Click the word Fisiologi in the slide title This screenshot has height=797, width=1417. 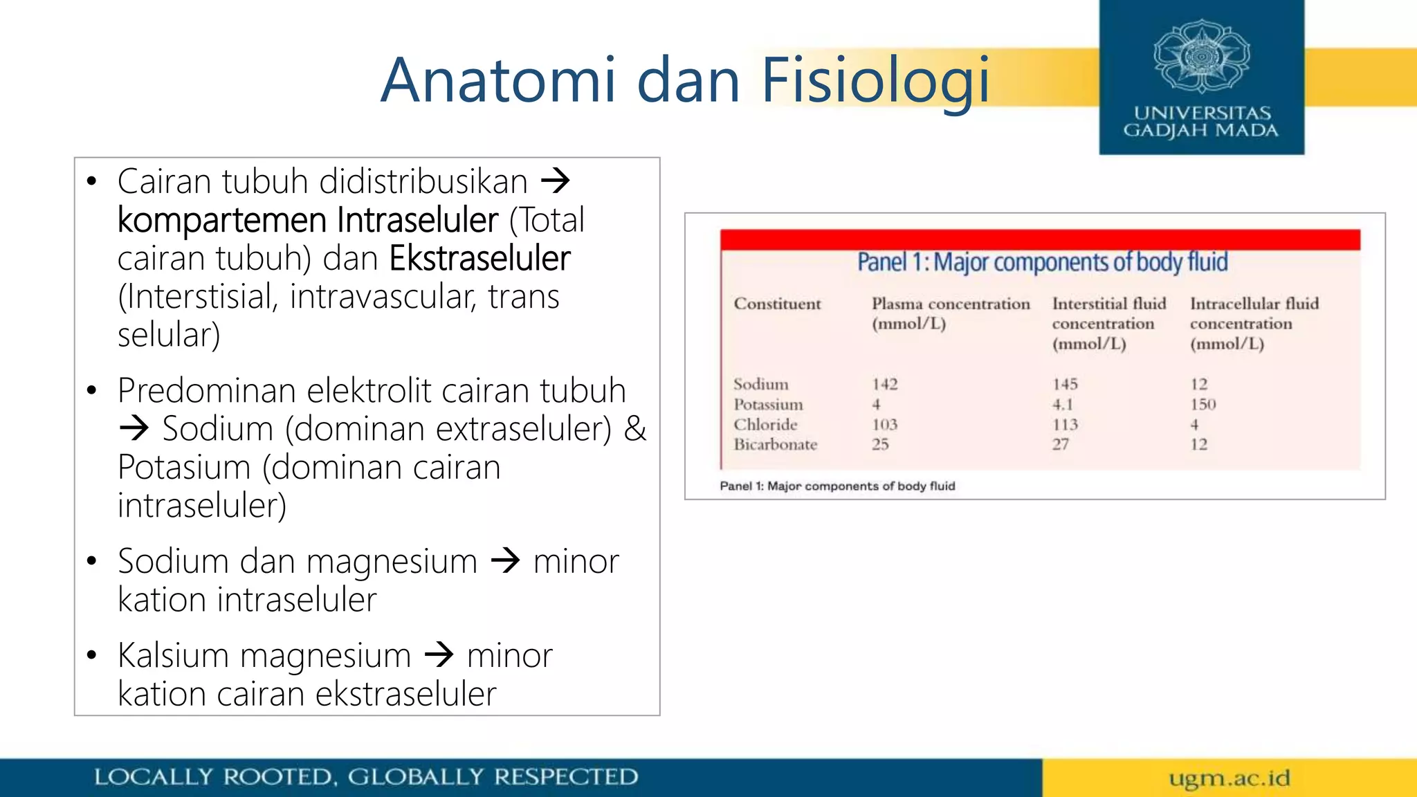point(875,82)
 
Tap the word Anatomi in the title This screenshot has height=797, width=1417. point(498,80)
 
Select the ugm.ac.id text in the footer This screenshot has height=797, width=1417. point(1229,778)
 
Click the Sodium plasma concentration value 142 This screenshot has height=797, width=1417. point(884,384)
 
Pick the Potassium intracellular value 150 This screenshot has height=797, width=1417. point(1203,404)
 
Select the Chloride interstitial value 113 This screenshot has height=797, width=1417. point(1065,424)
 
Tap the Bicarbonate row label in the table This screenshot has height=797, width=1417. point(775,444)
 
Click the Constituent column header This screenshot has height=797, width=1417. point(777,304)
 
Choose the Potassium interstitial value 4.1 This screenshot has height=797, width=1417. point(1062,404)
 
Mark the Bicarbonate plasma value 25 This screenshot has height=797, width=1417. point(879,444)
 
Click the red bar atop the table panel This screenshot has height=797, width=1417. point(1040,239)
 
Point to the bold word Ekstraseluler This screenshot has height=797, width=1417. point(479,259)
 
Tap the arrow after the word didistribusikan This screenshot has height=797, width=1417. point(555,181)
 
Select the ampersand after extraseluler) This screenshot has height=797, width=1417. point(635,429)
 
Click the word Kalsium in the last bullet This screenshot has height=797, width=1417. point(173,655)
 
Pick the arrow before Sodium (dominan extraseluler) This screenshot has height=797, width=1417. point(134,429)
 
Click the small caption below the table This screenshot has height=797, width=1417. point(837,486)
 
